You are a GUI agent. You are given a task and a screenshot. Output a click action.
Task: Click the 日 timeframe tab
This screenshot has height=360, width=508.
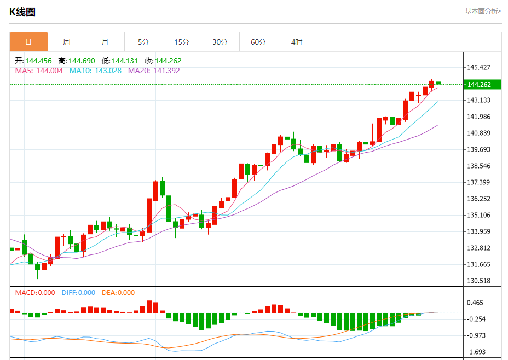point(28,42)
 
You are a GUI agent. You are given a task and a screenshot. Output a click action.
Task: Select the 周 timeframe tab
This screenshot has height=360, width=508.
point(67,42)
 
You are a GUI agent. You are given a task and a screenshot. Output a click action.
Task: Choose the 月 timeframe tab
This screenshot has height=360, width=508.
point(105,42)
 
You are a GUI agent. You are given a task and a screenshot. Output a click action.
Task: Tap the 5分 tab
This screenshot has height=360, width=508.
point(143,42)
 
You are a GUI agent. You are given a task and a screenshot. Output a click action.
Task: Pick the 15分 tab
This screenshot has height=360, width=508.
point(182,42)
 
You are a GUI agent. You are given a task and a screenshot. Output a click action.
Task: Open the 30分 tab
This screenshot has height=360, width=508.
point(220,42)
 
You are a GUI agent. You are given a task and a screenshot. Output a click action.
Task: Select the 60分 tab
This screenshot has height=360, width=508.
point(258,42)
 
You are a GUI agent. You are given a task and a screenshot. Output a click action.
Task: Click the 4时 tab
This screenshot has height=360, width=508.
point(297,42)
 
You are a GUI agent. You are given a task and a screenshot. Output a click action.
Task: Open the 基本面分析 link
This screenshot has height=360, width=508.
point(483,11)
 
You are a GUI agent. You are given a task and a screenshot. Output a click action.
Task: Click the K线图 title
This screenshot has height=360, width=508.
point(22,12)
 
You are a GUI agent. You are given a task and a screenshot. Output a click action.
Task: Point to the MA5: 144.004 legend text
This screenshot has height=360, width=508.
point(39,71)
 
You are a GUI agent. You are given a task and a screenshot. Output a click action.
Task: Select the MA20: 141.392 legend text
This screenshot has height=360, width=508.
point(154,71)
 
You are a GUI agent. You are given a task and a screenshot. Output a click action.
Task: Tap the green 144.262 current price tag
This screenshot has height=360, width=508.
point(478,84)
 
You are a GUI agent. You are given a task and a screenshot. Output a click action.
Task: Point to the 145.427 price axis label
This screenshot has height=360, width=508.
point(478,67)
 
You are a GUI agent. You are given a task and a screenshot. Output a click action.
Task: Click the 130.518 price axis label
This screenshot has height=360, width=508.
point(478,281)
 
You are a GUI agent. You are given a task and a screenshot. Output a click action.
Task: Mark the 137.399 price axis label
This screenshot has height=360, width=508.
point(478,182)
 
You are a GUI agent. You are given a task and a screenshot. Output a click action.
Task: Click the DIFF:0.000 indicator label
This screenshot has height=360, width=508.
point(78,293)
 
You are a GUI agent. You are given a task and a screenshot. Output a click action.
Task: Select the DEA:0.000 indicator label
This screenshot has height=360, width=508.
point(118,293)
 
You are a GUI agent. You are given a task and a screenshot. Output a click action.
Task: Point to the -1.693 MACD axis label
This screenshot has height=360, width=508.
point(477,352)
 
